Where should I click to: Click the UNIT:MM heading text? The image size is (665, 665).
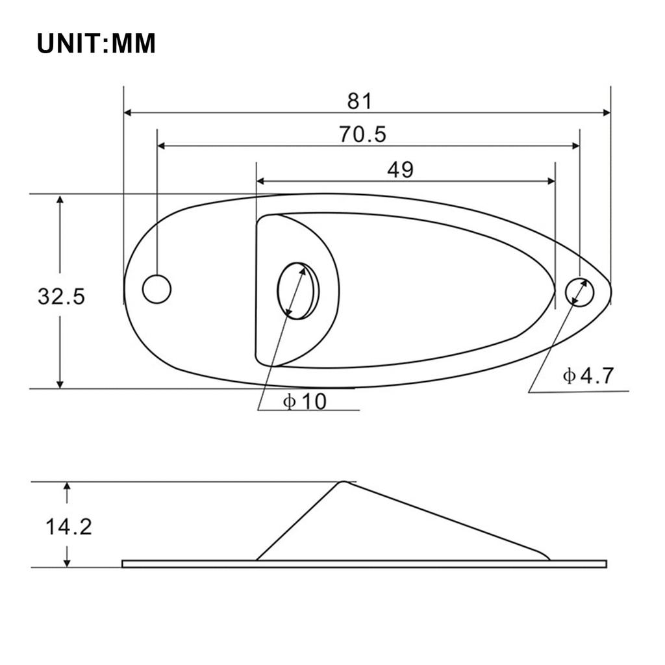pos(96,44)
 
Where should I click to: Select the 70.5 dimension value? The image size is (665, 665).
pos(362,134)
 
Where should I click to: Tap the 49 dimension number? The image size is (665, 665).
pos(400,169)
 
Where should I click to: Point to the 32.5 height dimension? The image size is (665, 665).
pos(61,296)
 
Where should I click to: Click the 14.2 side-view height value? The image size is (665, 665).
pos(68,526)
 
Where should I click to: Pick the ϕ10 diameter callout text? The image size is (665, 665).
pos(305,402)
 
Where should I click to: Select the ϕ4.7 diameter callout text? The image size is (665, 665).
pos(588,375)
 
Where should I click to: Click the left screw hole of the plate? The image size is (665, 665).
pos(157,289)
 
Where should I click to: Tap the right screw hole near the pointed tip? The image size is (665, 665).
pos(579,292)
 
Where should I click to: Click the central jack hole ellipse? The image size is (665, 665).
pos(298,291)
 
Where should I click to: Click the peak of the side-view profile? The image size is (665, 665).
pos(342,483)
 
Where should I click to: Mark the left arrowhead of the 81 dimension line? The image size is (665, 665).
pos(128,112)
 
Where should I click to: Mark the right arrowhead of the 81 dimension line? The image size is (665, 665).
pos(607,112)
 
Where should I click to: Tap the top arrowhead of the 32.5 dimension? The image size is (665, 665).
pos(60,200)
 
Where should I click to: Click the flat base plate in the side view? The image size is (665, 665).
pos(364,564)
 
